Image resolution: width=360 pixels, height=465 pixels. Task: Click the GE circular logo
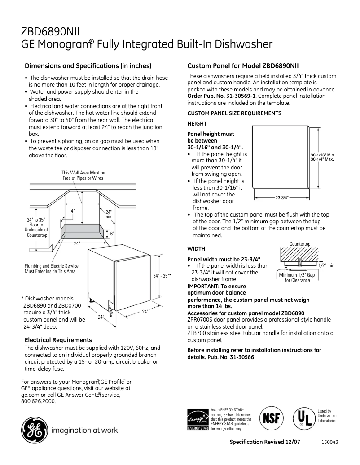click(34, 430)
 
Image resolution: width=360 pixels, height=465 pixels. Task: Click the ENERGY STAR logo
click(197, 419)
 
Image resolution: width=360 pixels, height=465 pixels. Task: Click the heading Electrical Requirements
click(58, 340)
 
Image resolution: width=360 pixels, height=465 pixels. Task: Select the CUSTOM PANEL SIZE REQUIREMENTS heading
click(234, 113)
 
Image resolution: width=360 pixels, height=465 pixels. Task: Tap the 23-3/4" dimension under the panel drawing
click(281, 197)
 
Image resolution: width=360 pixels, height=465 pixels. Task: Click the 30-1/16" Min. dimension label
click(323, 155)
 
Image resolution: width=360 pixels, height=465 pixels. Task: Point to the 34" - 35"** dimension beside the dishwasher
click(162, 276)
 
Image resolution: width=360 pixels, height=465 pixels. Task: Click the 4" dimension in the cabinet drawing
click(73, 210)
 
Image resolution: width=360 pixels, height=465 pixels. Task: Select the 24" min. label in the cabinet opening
click(108, 214)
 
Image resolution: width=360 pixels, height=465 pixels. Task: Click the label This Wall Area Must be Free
click(83, 175)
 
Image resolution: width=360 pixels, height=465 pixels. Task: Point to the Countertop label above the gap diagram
click(300, 244)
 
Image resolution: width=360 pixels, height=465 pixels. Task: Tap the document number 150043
click(329, 442)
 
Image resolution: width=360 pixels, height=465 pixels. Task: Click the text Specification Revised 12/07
click(265, 442)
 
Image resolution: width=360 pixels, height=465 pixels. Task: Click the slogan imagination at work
click(85, 430)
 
